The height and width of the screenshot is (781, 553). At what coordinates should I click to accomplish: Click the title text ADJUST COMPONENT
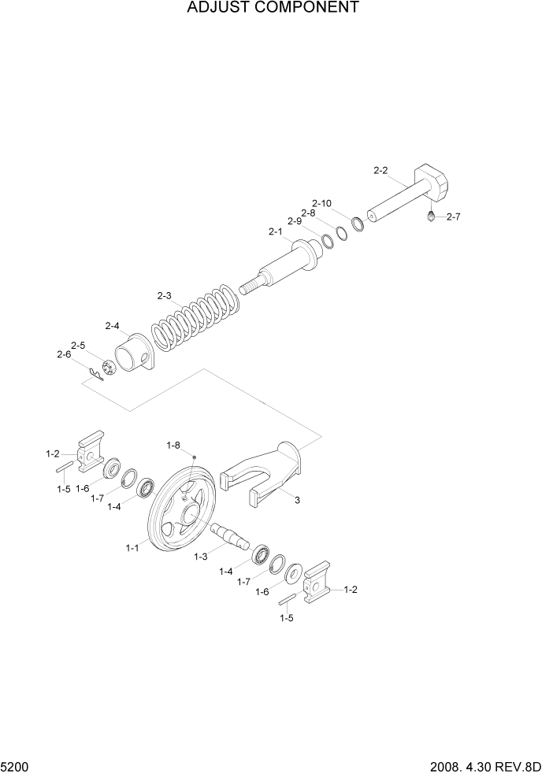click(x=273, y=9)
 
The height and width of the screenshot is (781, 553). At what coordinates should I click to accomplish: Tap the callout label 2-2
click(x=380, y=170)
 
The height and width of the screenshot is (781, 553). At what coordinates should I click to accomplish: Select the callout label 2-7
click(x=453, y=217)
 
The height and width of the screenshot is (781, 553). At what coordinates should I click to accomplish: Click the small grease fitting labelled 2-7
click(x=431, y=215)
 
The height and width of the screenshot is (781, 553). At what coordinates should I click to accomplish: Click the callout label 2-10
click(x=321, y=203)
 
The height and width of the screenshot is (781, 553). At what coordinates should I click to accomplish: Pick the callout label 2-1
click(x=275, y=231)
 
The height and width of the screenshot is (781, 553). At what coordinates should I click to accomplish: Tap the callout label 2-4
click(x=112, y=325)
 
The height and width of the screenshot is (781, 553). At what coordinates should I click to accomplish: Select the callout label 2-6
click(x=64, y=354)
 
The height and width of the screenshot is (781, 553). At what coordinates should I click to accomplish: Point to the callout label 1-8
click(x=173, y=446)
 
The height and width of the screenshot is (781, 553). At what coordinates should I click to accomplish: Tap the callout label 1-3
click(x=201, y=556)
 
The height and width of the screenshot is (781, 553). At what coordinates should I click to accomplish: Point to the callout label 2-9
click(x=295, y=221)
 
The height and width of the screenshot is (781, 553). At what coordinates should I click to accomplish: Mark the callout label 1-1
click(x=132, y=547)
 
